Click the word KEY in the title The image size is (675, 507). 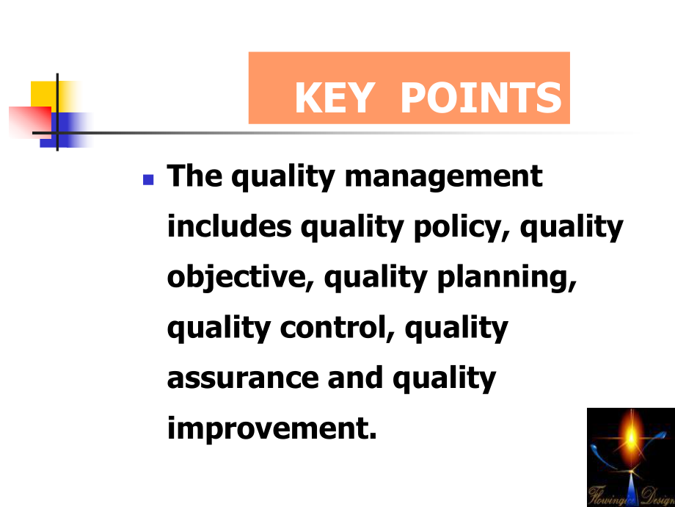[x=333, y=98]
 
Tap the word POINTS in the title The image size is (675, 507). [x=481, y=98]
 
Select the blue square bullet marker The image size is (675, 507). [x=148, y=179]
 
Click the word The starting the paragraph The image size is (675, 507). [x=194, y=176]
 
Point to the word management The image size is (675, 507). [x=443, y=178]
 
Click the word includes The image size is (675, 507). [x=229, y=226]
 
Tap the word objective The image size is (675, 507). [x=240, y=278]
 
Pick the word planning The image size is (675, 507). [x=506, y=278]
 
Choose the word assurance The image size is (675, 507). [x=243, y=378]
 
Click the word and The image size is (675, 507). [x=355, y=377]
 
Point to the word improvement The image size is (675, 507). [x=267, y=428]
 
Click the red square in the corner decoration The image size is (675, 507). [x=30, y=121]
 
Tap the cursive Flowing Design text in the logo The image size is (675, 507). [x=631, y=495]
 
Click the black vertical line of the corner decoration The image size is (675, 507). [x=57, y=112]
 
